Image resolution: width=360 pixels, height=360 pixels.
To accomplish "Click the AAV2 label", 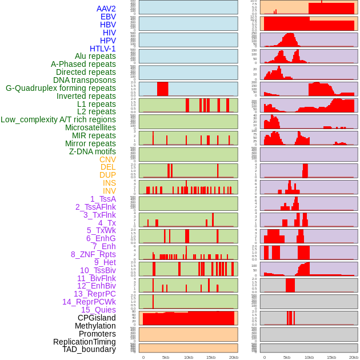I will click(106, 9).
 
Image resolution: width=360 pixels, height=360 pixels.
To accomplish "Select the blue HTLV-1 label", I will click(102, 49).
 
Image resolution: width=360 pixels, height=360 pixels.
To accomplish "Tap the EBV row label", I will click(108, 17).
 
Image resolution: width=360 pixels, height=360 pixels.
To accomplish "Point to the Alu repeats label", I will click(95, 56).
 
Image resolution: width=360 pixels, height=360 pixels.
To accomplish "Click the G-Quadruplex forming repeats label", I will click(61, 88).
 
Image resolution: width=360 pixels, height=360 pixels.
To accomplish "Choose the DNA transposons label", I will click(85, 80).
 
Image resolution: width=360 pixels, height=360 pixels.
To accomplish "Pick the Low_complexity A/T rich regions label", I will click(58, 119).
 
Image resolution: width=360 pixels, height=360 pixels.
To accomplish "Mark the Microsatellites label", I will click(90, 127).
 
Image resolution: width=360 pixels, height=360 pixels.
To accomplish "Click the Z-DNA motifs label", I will click(92, 151).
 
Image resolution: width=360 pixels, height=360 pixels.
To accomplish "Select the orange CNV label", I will click(107, 159).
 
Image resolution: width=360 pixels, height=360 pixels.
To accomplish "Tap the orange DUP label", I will click(107, 175).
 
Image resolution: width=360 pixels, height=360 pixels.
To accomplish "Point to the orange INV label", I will click(109, 191).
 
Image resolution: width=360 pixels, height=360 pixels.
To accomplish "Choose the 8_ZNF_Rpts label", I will click(93, 254).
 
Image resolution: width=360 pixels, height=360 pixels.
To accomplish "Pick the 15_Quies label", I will click(98, 310).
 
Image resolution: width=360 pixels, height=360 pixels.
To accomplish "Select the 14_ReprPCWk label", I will click(89, 302).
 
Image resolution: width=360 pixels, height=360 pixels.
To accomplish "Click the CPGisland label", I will click(97, 318).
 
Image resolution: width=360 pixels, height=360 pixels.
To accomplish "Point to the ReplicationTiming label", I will click(84, 342).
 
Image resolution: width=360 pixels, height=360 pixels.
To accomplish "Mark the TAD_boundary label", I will click(89, 349).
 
